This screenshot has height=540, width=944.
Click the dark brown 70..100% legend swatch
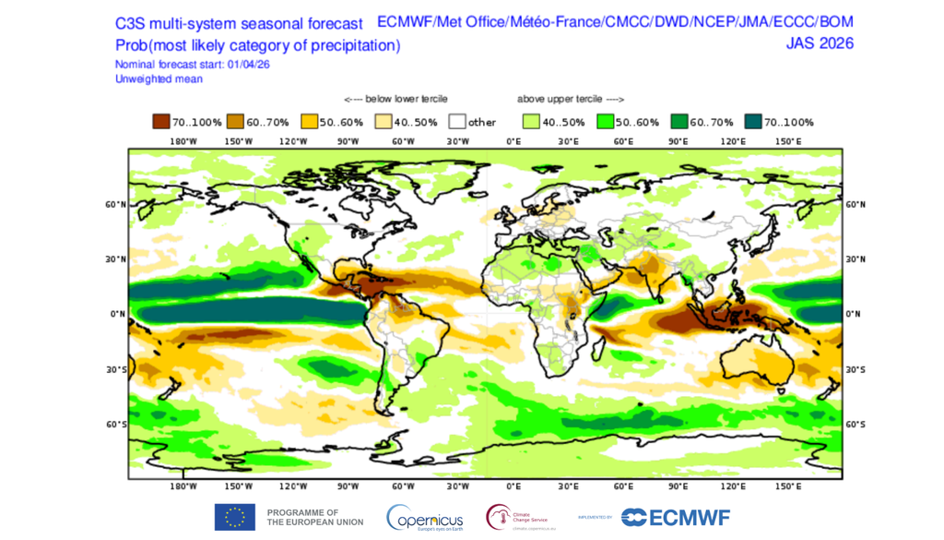(x=161, y=122)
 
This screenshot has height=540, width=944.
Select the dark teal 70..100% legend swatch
(x=752, y=122)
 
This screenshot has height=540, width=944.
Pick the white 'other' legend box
(x=457, y=122)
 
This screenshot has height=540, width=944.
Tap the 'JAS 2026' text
(x=819, y=43)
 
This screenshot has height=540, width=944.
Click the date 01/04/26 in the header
(x=244, y=65)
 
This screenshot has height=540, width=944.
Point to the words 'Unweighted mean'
(x=159, y=79)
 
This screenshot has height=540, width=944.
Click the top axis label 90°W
(x=348, y=141)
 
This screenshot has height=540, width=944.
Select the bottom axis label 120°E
(x=733, y=486)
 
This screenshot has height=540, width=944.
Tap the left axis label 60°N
(x=115, y=205)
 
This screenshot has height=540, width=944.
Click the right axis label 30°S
(x=855, y=369)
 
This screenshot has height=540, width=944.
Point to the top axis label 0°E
(x=513, y=141)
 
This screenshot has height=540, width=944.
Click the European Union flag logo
(x=235, y=517)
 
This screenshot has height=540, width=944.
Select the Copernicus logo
(x=425, y=518)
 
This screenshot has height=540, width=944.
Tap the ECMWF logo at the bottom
(x=676, y=518)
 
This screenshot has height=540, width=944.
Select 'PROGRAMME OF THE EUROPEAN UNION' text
(x=313, y=517)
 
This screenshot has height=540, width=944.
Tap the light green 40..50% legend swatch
(x=531, y=122)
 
